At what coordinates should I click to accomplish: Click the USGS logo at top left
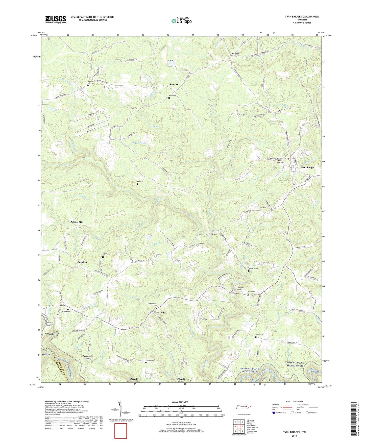pos(56,19)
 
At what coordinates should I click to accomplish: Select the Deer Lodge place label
pos(307,167)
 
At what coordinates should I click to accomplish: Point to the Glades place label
pos(236,54)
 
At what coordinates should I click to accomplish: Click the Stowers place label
pos(174,84)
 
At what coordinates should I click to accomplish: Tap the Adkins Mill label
pos(77,222)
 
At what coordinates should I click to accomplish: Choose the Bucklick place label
pos(82,262)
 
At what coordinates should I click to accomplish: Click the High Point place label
pos(160,312)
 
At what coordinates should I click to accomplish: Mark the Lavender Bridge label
pos(239,288)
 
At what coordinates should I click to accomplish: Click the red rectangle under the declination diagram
pos(120,431)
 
